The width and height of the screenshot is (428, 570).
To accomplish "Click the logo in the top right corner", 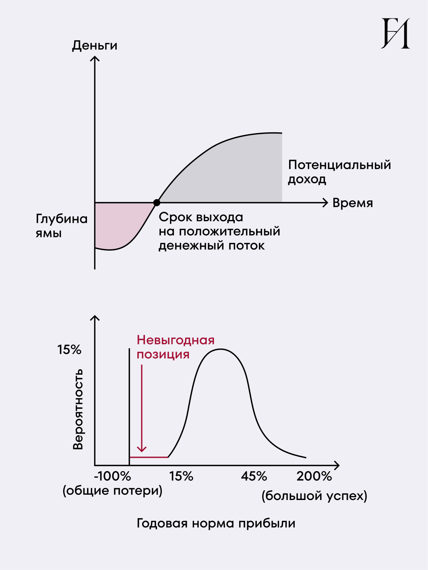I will click(x=395, y=33).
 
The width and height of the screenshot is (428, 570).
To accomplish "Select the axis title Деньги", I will click(x=95, y=45).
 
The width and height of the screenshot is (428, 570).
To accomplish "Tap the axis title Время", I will click(x=353, y=203).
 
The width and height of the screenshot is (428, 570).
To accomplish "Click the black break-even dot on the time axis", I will click(x=157, y=203).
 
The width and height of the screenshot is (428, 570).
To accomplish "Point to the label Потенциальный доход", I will click(x=339, y=172).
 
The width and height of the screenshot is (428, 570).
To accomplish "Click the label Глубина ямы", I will click(x=61, y=226).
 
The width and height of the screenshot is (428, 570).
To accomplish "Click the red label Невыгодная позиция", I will click(x=176, y=347).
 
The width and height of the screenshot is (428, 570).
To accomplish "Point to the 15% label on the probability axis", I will click(x=69, y=350).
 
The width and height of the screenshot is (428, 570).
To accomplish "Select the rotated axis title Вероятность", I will click(x=78, y=409).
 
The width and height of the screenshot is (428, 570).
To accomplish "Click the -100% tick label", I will click(x=112, y=476).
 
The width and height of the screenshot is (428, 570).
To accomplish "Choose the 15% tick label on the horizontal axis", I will click(x=181, y=476).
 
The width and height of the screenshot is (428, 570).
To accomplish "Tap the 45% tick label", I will click(x=254, y=476).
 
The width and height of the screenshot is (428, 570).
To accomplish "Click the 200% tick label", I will click(x=314, y=476).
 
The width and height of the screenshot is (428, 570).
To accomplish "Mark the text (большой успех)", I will click(x=314, y=496).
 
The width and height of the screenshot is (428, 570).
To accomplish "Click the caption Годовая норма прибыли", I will click(x=216, y=523).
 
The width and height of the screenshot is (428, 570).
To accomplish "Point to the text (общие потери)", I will click(x=112, y=491).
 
